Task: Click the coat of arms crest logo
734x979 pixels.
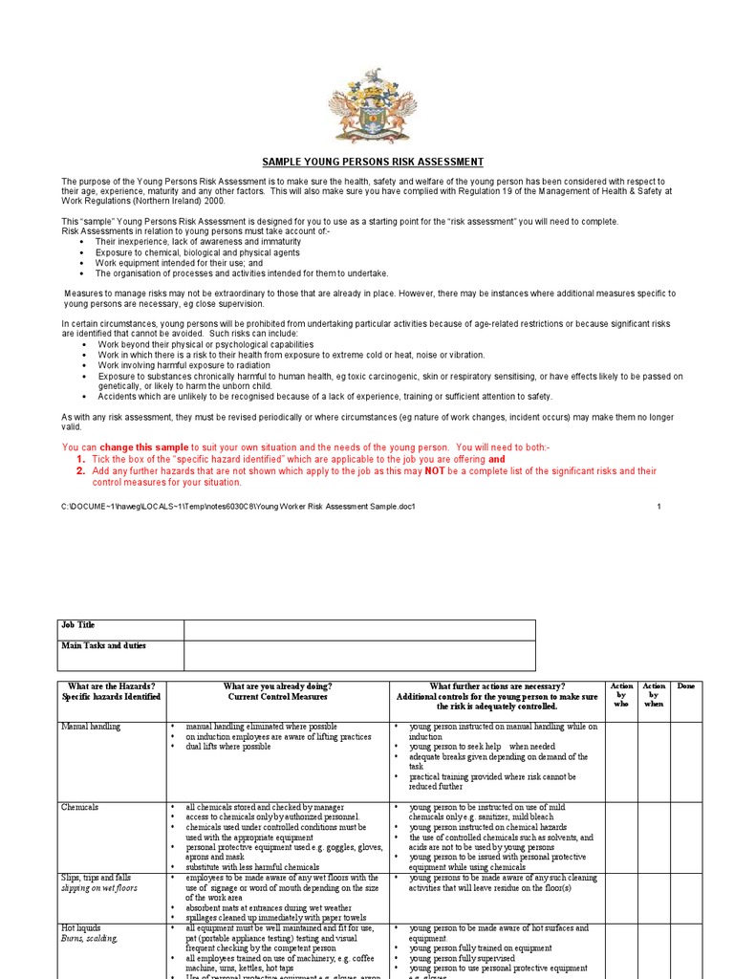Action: tap(373, 106)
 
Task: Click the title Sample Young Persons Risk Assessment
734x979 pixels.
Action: tap(373, 163)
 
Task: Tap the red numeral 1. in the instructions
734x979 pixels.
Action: tap(81, 459)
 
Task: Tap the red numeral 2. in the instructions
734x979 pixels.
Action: tap(81, 470)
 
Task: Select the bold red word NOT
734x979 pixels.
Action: tap(435, 470)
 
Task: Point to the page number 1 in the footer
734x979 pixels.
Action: tap(658, 506)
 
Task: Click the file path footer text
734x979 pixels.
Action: tap(239, 506)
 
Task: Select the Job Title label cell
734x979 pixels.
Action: tap(120, 629)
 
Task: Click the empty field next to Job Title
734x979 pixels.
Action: tap(359, 629)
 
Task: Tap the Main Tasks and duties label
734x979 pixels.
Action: tap(120, 655)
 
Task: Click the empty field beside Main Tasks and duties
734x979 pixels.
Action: tap(359, 655)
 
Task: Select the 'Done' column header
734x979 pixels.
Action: tap(685, 686)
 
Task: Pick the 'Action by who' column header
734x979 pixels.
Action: tap(621, 695)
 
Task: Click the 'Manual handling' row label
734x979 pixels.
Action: tap(91, 727)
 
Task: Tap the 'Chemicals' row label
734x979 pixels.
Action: tap(80, 808)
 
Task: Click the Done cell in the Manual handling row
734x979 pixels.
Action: tap(685, 760)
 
